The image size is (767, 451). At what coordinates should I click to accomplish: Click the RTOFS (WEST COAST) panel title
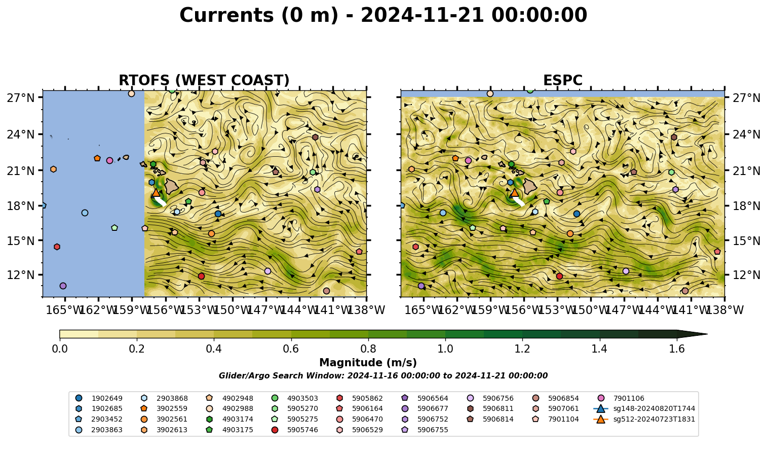pyautogui.click(x=204, y=80)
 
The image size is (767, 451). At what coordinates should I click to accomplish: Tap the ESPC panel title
pyautogui.click(x=562, y=80)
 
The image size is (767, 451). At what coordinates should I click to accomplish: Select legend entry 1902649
pyautogui.click(x=99, y=398)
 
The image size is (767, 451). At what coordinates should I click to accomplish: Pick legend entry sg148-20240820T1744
pyautogui.click(x=644, y=408)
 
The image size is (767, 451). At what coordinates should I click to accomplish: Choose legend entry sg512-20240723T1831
pyautogui.click(x=644, y=419)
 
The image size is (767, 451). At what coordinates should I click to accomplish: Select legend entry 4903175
pyautogui.click(x=229, y=430)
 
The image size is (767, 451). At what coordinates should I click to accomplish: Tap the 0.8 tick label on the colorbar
pyautogui.click(x=368, y=349)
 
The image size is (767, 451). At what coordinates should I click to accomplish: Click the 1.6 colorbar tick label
pyautogui.click(x=677, y=349)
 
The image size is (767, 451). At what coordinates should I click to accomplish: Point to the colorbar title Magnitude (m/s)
pyautogui.click(x=368, y=363)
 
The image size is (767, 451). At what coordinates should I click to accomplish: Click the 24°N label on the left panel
pyautogui.click(x=21, y=134)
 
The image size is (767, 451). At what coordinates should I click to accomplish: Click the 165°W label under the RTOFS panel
pyautogui.click(x=65, y=310)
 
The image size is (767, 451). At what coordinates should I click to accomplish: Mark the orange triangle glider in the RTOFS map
pyautogui.click(x=156, y=192)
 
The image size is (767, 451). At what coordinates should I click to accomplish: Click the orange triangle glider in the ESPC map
pyautogui.click(x=514, y=192)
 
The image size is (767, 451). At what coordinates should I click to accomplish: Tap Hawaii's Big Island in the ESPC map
pyautogui.click(x=530, y=186)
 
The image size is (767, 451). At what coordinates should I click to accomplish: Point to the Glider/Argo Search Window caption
pyautogui.click(x=383, y=375)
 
